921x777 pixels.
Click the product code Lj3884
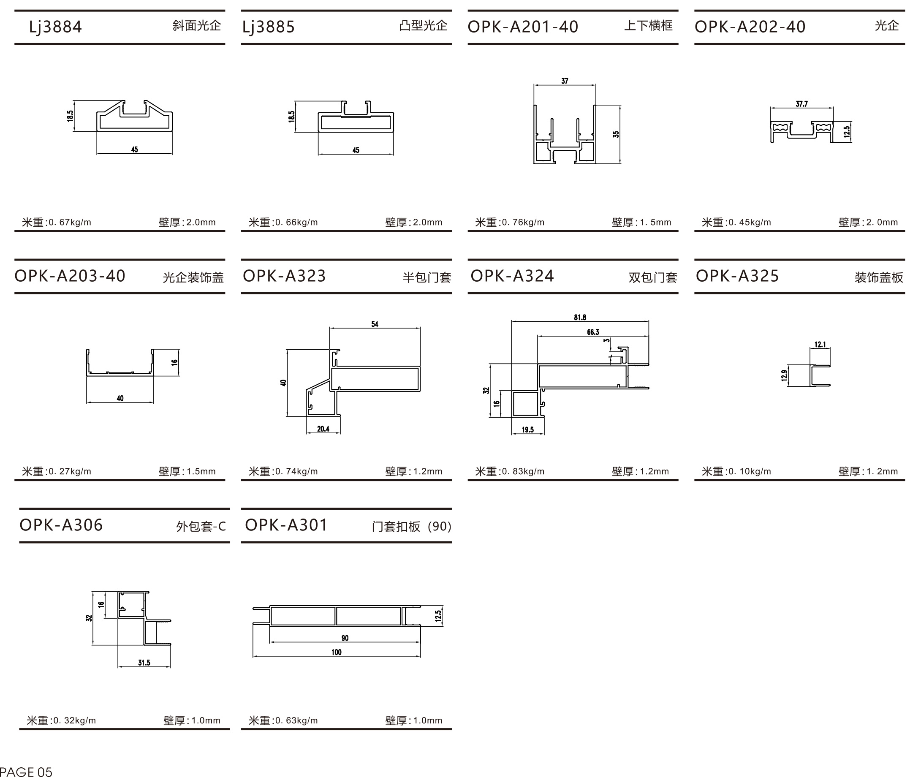55,27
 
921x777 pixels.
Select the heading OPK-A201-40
523,27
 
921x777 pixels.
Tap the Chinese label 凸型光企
423,25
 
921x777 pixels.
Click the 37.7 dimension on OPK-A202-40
801,104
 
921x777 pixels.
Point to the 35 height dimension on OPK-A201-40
616,134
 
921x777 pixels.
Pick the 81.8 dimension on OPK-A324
580,317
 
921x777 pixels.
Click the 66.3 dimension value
593,331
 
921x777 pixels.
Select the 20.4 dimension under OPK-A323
323,429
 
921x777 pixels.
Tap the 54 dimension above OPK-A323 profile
375,324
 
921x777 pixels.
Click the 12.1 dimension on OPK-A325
820,345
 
